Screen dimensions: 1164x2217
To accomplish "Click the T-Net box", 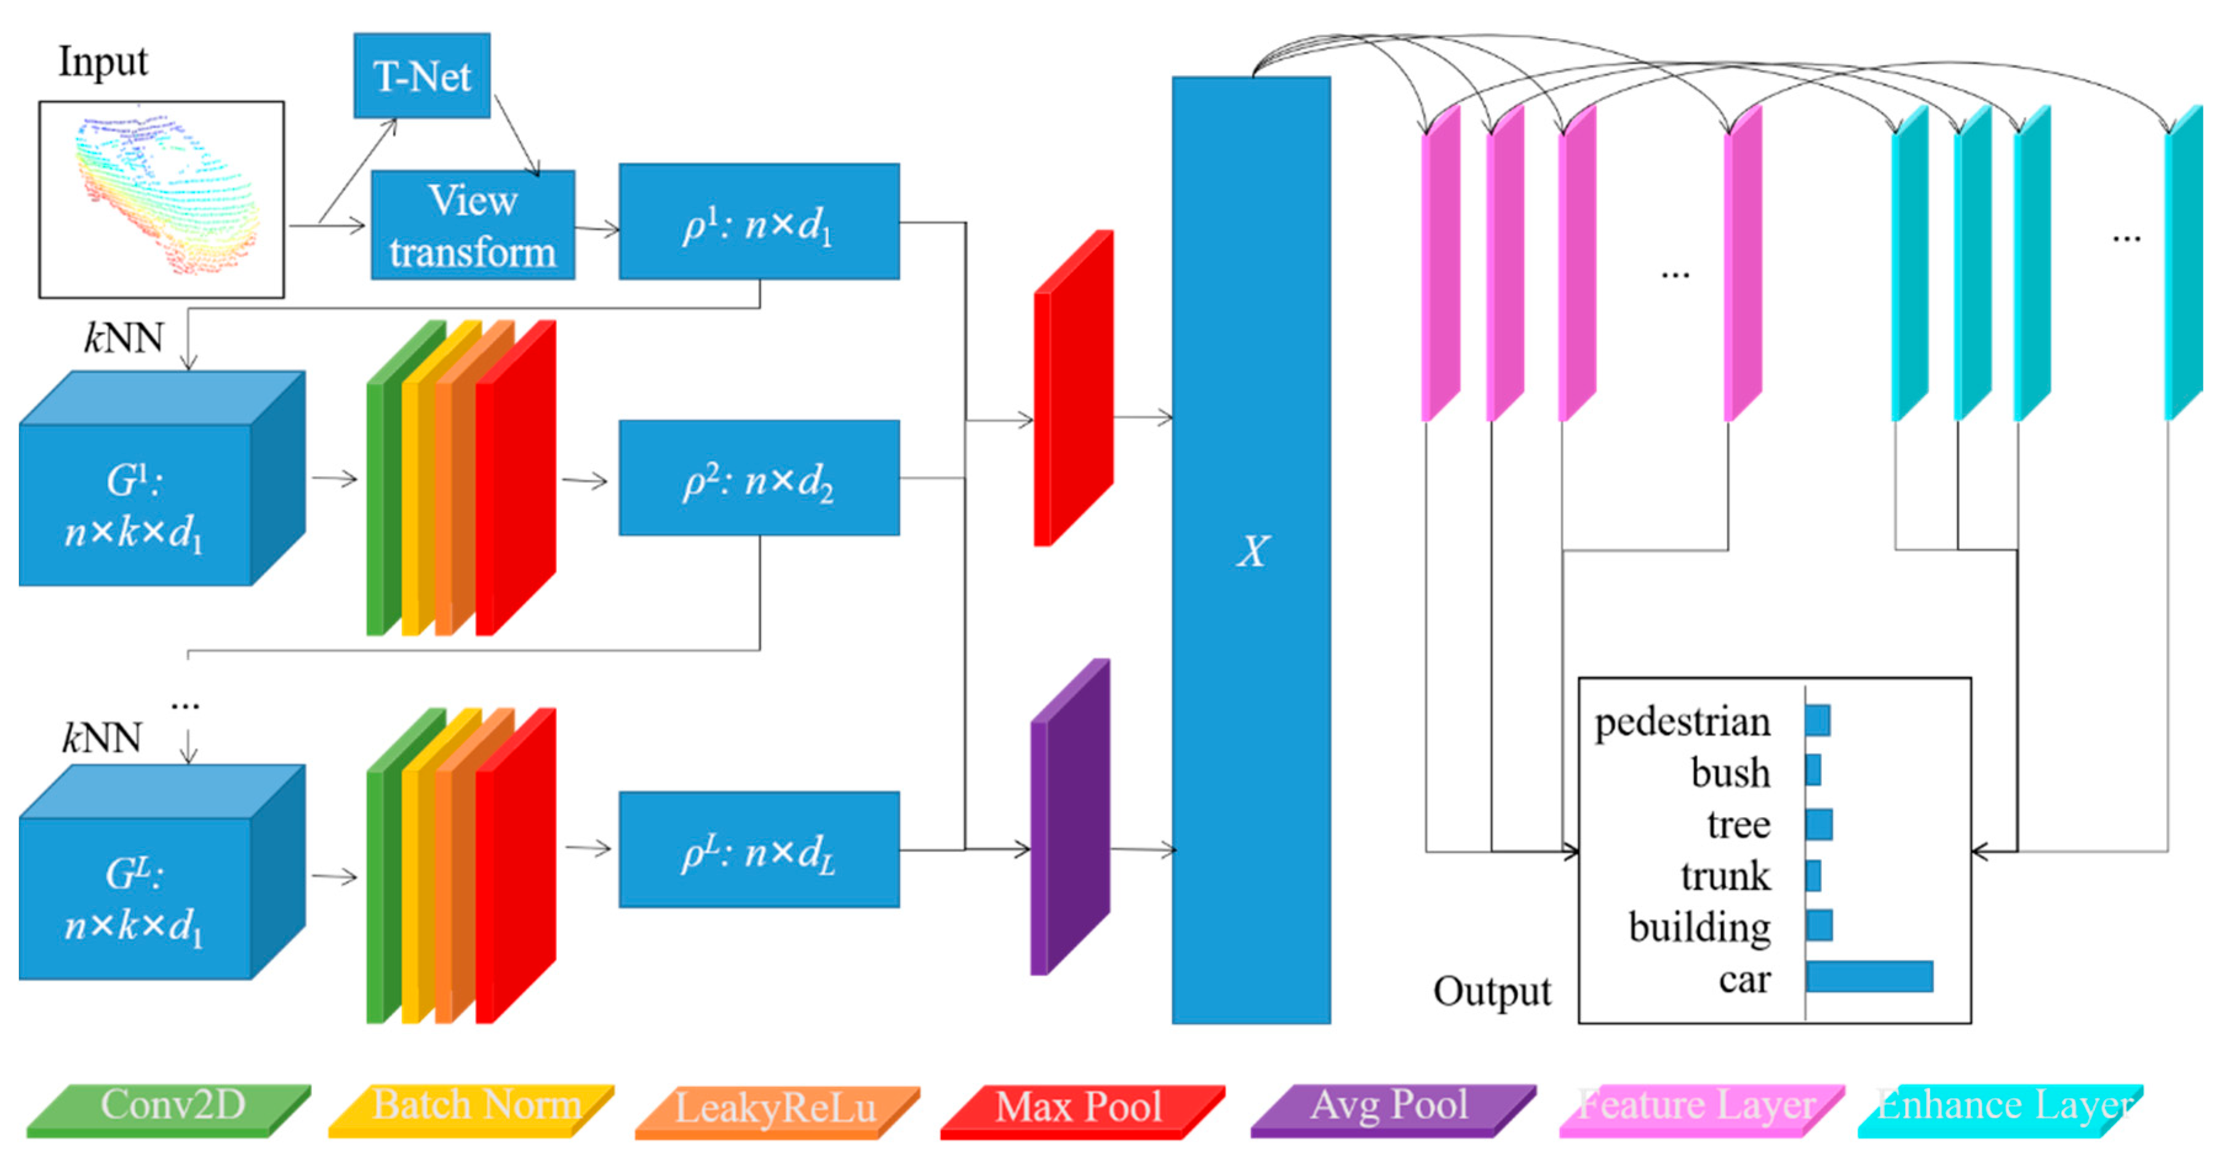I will point(421,76).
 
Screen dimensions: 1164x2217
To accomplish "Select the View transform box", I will point(473,225).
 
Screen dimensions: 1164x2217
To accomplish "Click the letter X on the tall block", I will point(1252,551).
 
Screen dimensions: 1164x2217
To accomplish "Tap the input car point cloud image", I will point(162,199).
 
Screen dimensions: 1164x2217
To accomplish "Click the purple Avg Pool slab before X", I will point(1070,817).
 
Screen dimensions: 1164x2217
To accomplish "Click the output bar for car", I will point(1869,976).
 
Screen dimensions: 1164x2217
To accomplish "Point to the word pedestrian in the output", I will point(1682,723).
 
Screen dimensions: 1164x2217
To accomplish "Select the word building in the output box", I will point(1699,927).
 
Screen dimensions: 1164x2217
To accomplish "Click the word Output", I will point(1492,991).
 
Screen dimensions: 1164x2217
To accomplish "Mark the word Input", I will point(103,62).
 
